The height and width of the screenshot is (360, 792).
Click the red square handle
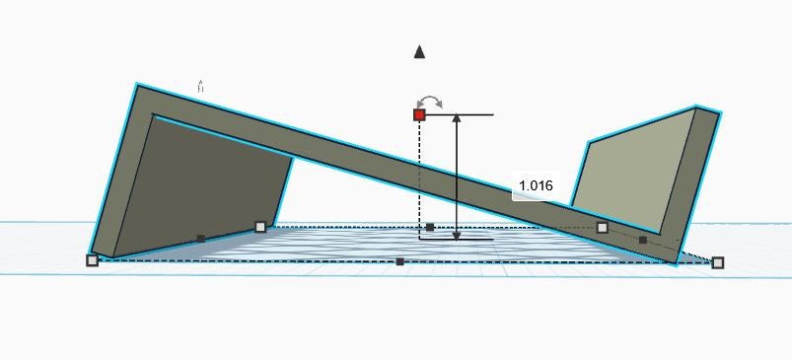pyautogui.click(x=419, y=115)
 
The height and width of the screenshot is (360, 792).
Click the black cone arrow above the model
pyautogui.click(x=419, y=52)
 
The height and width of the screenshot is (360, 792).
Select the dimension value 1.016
pyautogui.click(x=536, y=185)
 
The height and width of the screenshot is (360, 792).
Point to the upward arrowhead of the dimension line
pyautogui.click(x=457, y=118)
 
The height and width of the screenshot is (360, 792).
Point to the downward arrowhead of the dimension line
pyautogui.click(x=457, y=235)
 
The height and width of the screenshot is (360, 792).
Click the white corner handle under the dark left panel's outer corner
pyautogui.click(x=92, y=260)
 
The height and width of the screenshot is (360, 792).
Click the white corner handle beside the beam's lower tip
pyautogui.click(x=718, y=262)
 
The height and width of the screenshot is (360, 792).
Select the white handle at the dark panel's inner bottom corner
pyautogui.click(x=260, y=227)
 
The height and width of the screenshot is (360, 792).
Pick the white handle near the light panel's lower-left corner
pyautogui.click(x=602, y=228)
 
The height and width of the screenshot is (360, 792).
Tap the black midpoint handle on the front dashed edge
pyautogui.click(x=400, y=261)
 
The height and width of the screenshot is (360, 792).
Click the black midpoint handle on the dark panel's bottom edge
pyautogui.click(x=201, y=239)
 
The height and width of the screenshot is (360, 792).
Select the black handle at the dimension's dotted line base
pyautogui.click(x=430, y=227)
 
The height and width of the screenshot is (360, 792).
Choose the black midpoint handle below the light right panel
pyautogui.click(x=643, y=240)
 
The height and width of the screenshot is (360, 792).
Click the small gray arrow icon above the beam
pyautogui.click(x=200, y=86)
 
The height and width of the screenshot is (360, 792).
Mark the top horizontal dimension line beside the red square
pyautogui.click(x=460, y=115)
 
